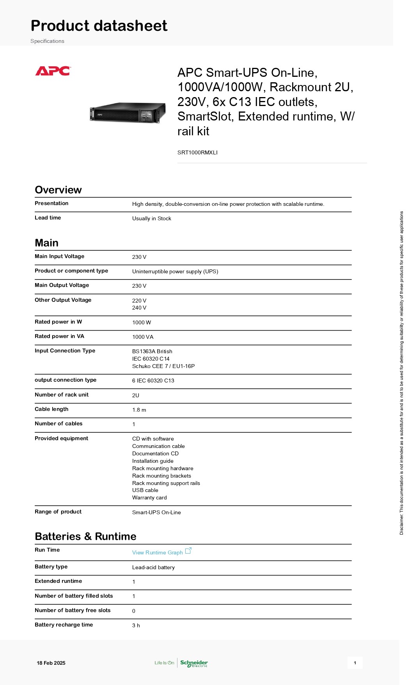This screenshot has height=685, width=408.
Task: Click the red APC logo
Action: [x=53, y=71]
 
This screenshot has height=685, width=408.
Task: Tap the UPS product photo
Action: [x=128, y=113]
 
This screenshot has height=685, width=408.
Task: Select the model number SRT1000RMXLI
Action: [x=197, y=152]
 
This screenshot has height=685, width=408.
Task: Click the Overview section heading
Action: [x=58, y=190]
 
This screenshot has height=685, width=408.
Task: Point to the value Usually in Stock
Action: [x=151, y=218]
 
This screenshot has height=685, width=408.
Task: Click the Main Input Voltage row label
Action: [x=59, y=256]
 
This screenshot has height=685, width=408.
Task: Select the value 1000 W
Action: [x=141, y=322]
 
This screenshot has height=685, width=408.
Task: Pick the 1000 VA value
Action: [x=142, y=337]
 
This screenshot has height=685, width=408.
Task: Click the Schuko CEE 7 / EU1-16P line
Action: [x=163, y=366]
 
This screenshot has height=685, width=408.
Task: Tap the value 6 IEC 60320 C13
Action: [x=153, y=381]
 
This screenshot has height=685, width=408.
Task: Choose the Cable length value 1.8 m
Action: [x=139, y=410]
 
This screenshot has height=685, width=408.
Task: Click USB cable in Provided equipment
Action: [x=145, y=490]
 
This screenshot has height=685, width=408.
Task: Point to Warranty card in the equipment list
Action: [x=149, y=497]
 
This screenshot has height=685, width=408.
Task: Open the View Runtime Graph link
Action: [x=157, y=552]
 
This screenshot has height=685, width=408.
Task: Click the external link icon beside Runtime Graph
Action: [x=188, y=550]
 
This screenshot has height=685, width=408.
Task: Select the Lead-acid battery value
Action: [x=153, y=567]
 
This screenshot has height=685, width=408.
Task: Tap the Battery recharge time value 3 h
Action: [x=136, y=625]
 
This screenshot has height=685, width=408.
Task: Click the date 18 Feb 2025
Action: [x=51, y=663]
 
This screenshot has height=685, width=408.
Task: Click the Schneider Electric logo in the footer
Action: [x=194, y=663]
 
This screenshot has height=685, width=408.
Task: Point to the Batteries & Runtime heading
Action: [x=85, y=536]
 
